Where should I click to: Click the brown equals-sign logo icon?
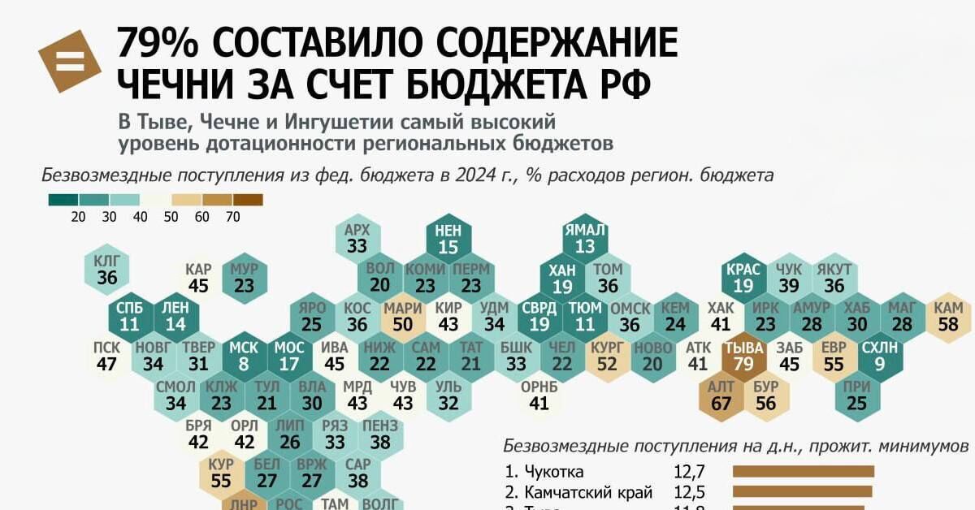69,61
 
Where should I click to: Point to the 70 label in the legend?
232,217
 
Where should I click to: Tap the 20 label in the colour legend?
79,217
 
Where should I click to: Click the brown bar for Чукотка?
803,471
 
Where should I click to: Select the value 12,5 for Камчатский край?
688,491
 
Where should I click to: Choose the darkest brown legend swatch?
248,199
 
